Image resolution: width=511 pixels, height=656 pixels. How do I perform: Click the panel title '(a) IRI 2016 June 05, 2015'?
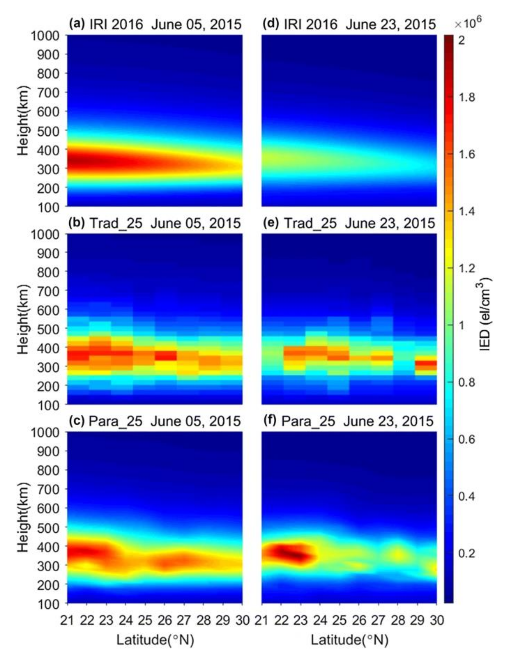pyautogui.click(x=155, y=24)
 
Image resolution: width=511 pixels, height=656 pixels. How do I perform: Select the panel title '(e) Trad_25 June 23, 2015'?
pyautogui.click(x=349, y=223)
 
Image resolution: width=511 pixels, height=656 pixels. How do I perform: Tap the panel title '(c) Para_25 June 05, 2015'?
pyautogui.click(x=155, y=421)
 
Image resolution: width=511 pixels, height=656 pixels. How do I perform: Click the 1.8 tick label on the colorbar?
pyautogui.click(x=466, y=97)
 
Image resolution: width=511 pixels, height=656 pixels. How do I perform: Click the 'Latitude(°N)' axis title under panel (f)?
pyautogui.click(x=349, y=640)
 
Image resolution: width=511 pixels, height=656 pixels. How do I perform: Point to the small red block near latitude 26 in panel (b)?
pyautogui.click(x=166, y=356)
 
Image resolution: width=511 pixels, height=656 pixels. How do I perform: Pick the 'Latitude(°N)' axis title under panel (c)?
pyautogui.click(x=155, y=640)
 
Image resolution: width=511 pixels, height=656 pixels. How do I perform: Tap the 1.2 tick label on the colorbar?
pyautogui.click(x=466, y=268)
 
